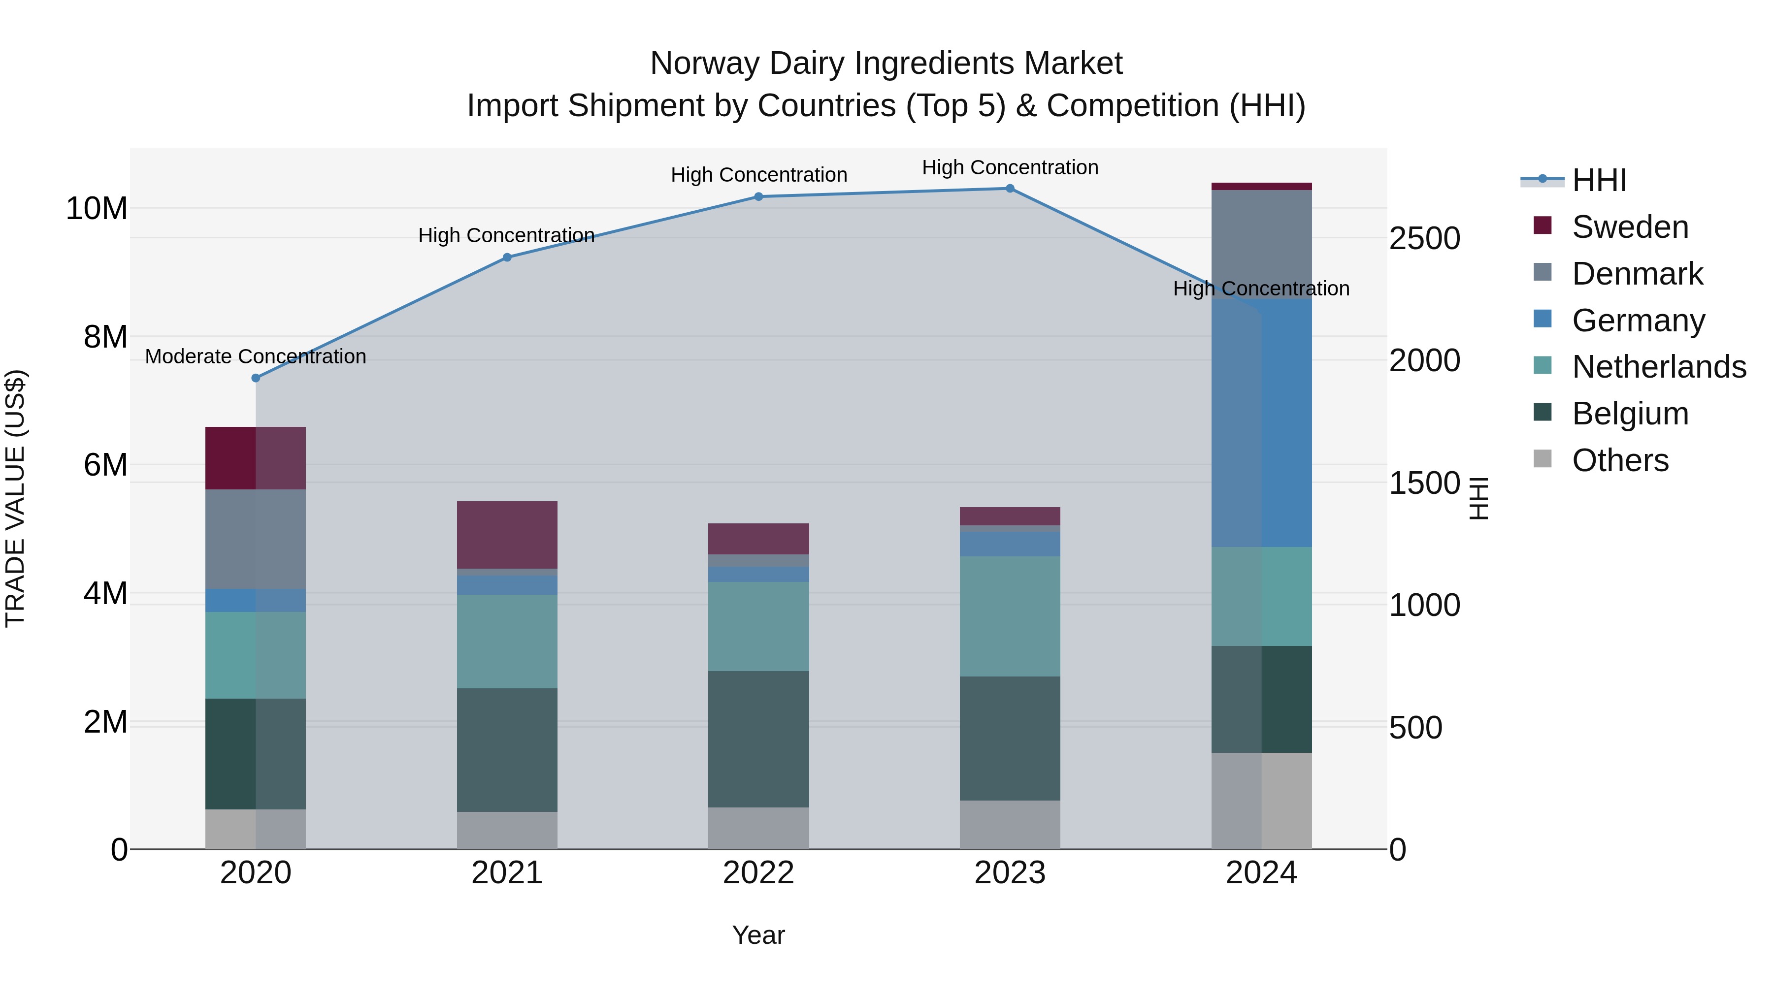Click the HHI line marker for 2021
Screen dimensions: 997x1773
tap(507, 257)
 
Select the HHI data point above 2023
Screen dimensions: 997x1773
tap(1010, 189)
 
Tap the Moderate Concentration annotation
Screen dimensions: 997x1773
tap(255, 356)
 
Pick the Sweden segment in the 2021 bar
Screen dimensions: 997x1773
tap(507, 535)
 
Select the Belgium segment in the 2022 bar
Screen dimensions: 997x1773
tap(758, 739)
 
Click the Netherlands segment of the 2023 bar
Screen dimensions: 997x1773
tap(1010, 616)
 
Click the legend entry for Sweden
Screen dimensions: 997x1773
tap(1630, 227)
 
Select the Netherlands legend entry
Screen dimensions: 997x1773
tap(1659, 367)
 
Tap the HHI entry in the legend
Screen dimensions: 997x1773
tap(1599, 180)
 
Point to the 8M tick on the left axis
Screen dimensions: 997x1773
tap(105, 337)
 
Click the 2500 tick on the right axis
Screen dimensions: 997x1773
tap(1424, 239)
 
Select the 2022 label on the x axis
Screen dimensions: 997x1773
tap(758, 873)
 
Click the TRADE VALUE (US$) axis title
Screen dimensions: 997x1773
tap(15, 498)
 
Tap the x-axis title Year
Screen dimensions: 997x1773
tap(758, 935)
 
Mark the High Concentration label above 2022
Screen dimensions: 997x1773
tap(758, 175)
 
